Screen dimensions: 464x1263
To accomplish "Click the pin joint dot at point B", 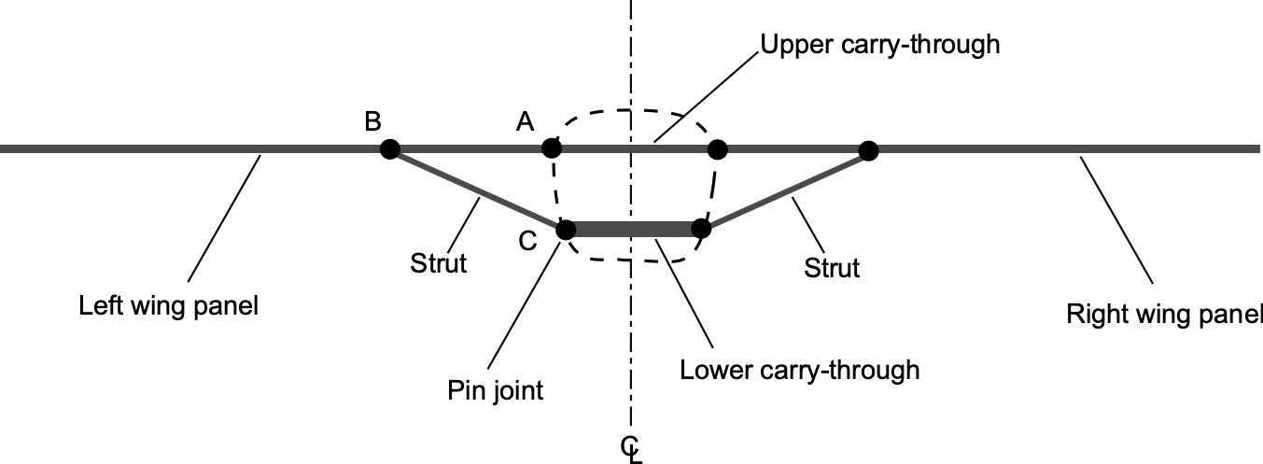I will pyautogui.click(x=390, y=148).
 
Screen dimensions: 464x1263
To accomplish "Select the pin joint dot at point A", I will pyautogui.click(x=552, y=148).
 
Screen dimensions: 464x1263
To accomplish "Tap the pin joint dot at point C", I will pyautogui.click(x=565, y=230).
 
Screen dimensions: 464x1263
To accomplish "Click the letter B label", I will pyautogui.click(x=372, y=122).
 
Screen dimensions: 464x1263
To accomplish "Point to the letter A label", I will pyautogui.click(x=526, y=121).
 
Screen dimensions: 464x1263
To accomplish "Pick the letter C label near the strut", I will pyautogui.click(x=527, y=242).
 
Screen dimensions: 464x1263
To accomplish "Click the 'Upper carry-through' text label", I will pyautogui.click(x=880, y=45).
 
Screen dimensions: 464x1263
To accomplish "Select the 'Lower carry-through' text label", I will pyautogui.click(x=800, y=370).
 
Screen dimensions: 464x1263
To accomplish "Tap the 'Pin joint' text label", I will pyautogui.click(x=496, y=389).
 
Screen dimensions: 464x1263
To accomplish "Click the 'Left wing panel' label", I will pyautogui.click(x=168, y=304).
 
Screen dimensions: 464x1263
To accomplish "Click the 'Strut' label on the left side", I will pyautogui.click(x=438, y=264).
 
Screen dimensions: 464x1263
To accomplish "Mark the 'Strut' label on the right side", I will pyautogui.click(x=832, y=268).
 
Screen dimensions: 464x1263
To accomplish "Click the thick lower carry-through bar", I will pyautogui.click(x=634, y=230).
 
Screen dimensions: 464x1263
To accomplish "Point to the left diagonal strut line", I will pyautogui.click(x=476, y=189).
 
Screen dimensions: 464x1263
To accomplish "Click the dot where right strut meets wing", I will pyautogui.click(x=868, y=149).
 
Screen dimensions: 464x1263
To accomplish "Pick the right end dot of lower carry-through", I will pyautogui.click(x=701, y=229).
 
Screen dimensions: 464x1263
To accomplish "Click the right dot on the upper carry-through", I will pyautogui.click(x=717, y=148).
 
